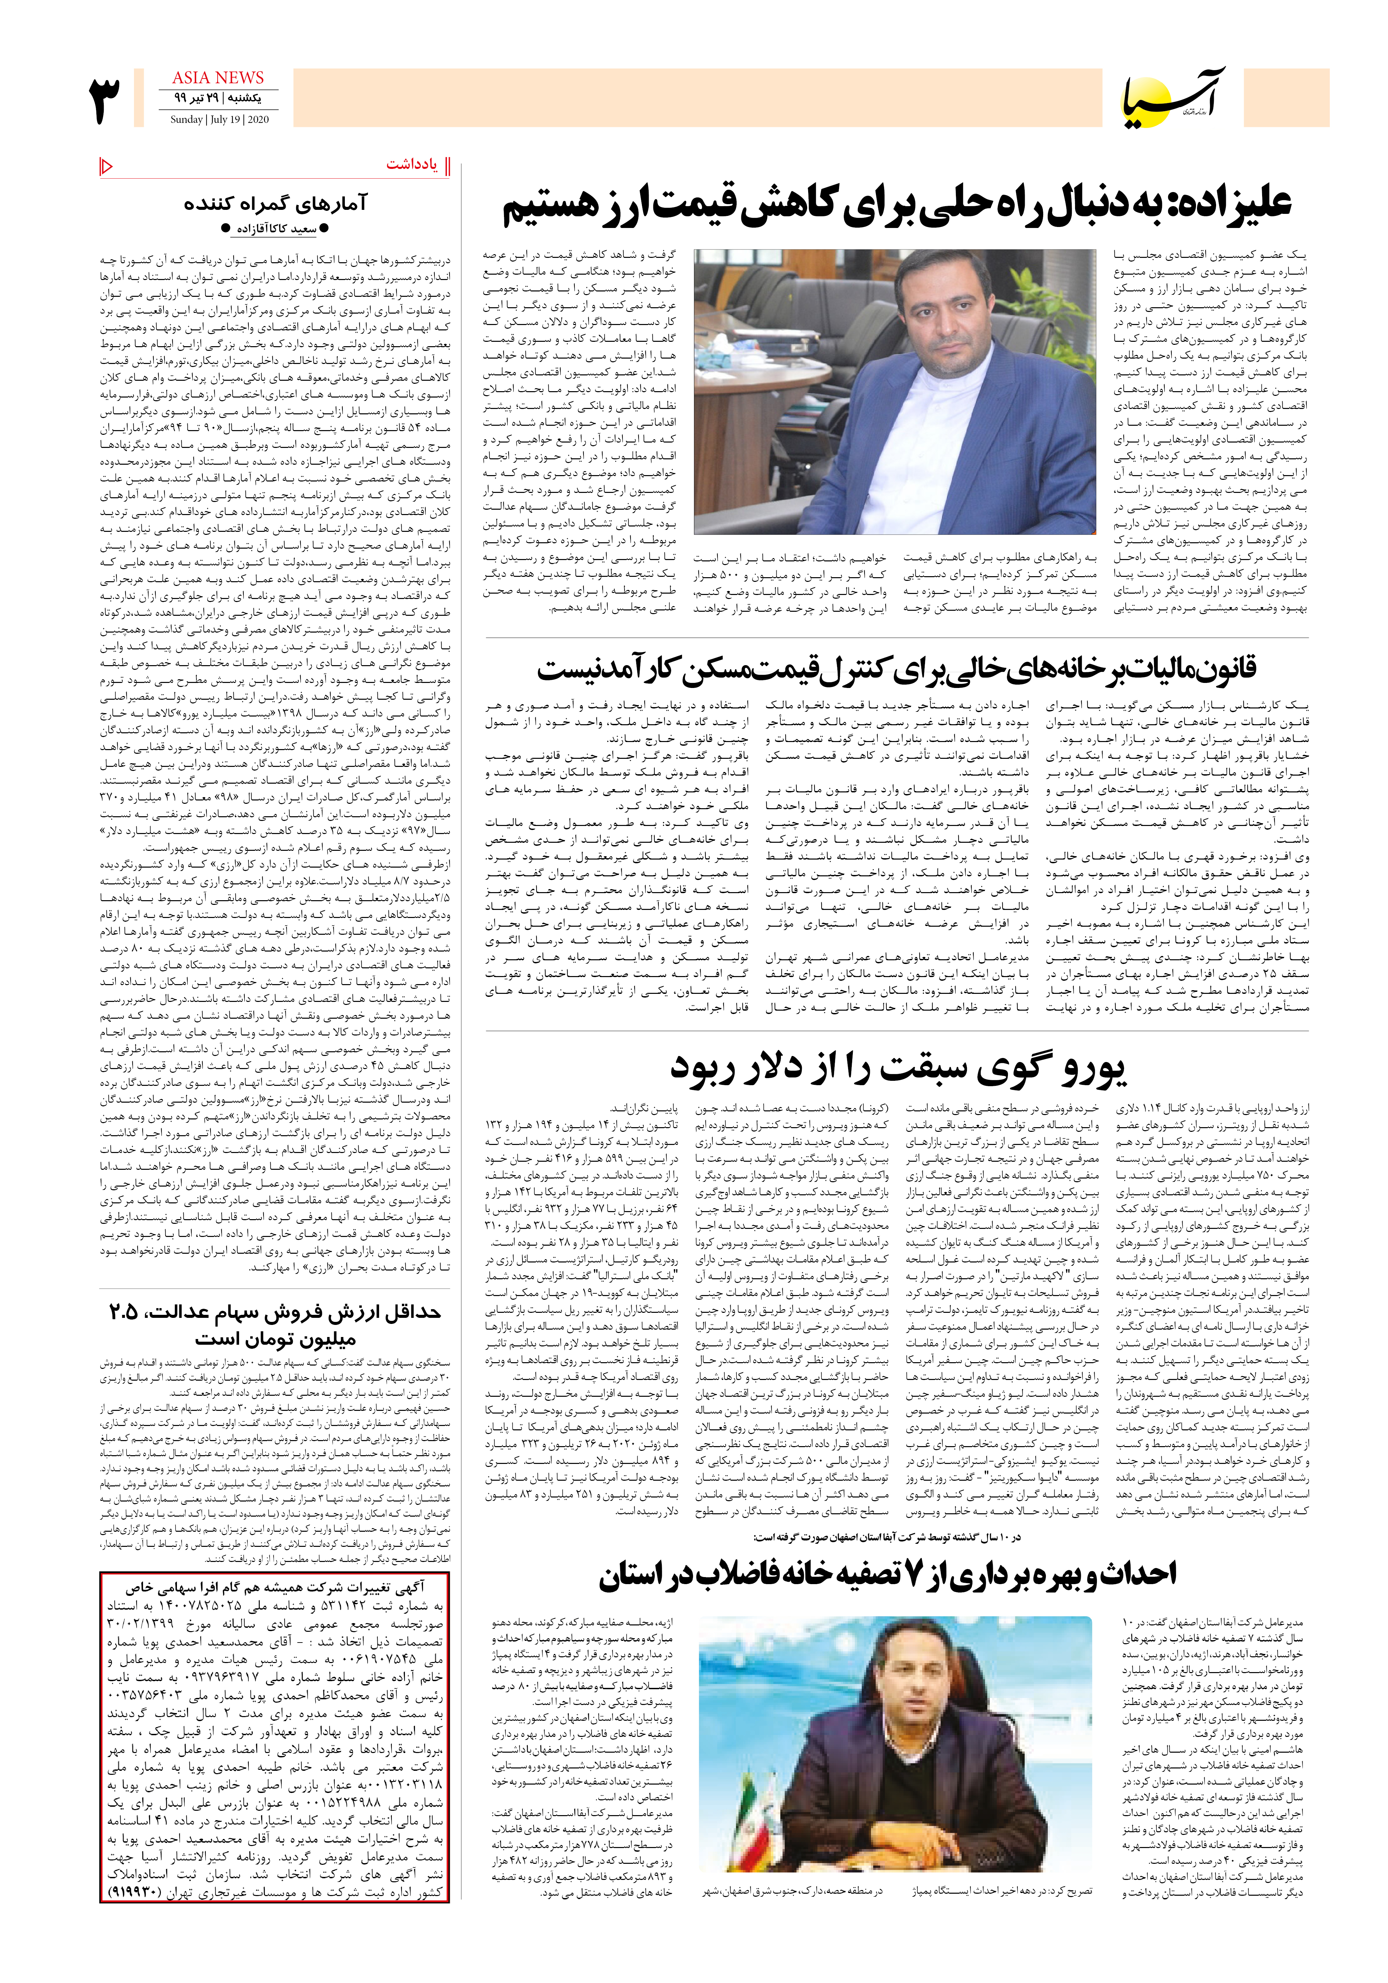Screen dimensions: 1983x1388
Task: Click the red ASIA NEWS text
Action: [218, 78]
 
